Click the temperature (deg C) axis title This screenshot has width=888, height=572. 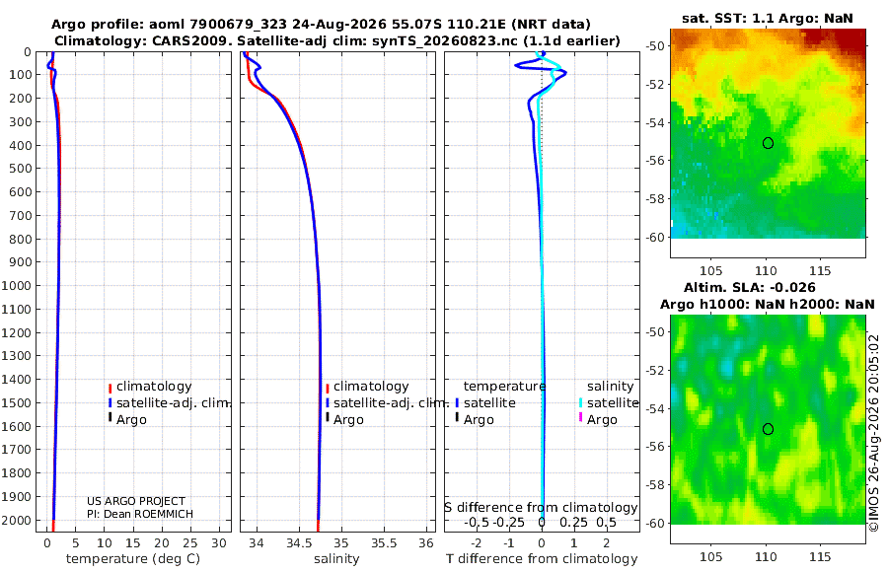[x=133, y=559]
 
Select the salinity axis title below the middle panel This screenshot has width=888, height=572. [x=336, y=559]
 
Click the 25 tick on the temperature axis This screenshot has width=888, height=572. [x=190, y=543]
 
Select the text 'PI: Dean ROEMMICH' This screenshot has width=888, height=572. [x=140, y=514]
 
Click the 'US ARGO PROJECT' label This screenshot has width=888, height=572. [x=136, y=501]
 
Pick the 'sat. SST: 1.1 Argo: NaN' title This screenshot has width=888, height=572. [x=768, y=18]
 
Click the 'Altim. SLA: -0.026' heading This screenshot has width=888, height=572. [x=749, y=287]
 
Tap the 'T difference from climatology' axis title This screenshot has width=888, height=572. [x=542, y=559]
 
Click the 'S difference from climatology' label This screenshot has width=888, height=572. [x=541, y=508]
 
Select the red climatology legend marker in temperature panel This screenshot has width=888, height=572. [x=110, y=388]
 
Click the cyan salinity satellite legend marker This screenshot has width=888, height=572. [x=580, y=403]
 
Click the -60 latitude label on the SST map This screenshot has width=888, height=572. [x=656, y=238]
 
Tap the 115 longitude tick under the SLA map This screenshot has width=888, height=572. [x=820, y=556]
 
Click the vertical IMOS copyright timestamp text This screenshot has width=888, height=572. [x=874, y=433]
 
